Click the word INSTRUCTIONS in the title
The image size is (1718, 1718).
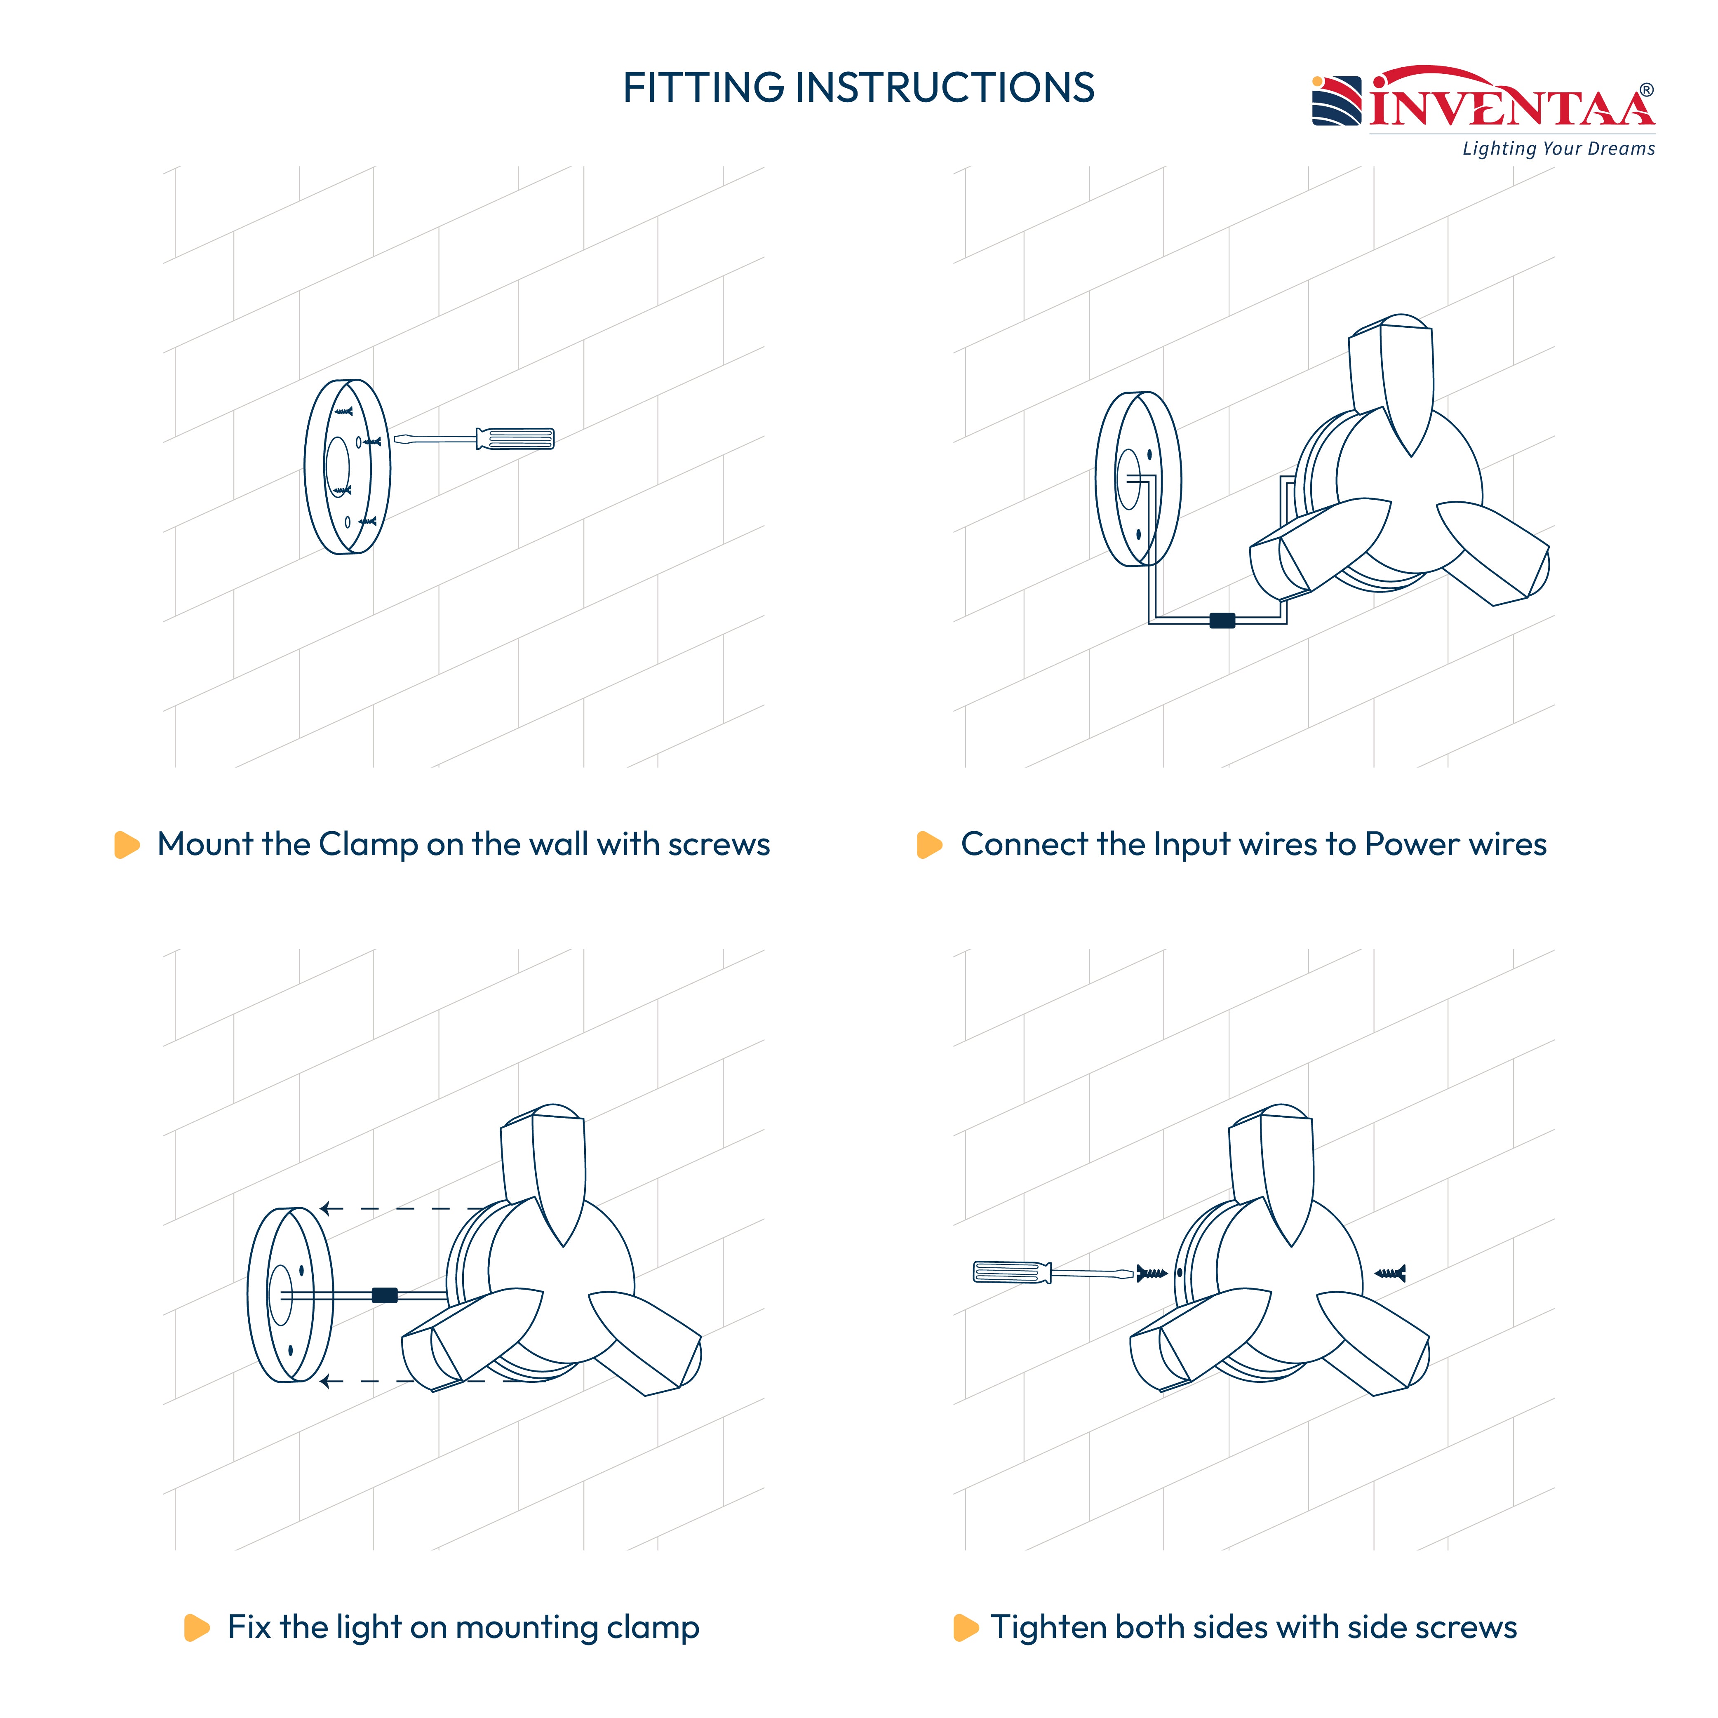(945, 88)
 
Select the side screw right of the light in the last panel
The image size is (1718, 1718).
(1390, 1274)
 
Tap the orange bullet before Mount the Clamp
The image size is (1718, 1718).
(127, 845)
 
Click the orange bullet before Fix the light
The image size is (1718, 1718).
(197, 1627)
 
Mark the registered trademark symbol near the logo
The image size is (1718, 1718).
(1647, 90)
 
